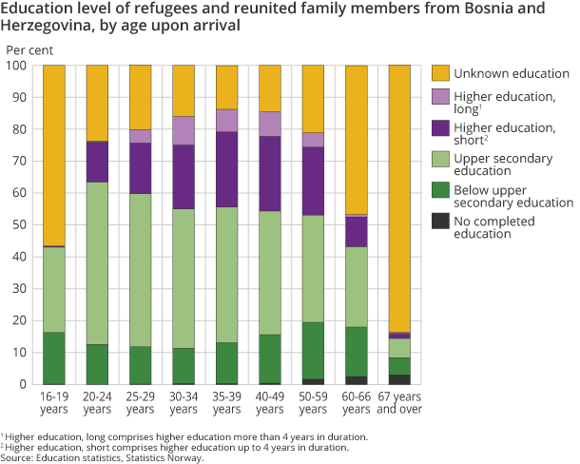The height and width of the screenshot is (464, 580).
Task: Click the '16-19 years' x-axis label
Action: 53,403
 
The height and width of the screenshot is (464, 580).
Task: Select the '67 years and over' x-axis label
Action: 397,403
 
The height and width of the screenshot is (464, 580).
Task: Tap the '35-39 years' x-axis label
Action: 225,403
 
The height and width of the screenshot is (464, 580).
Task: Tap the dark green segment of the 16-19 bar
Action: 53,358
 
